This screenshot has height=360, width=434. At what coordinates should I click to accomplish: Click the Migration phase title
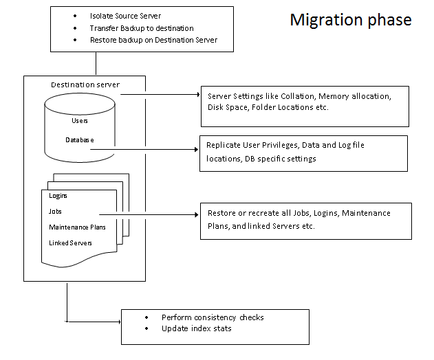pos(350,19)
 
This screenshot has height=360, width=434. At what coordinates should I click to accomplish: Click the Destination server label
pos(85,85)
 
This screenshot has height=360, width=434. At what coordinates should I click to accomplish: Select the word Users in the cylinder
pos(80,121)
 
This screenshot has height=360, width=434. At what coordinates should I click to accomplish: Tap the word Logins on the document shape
pos(58,196)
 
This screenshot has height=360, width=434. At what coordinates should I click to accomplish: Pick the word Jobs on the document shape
pos(56,212)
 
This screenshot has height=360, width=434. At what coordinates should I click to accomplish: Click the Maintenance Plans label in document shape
pos(77,227)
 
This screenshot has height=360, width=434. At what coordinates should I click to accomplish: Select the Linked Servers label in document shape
pos(70,243)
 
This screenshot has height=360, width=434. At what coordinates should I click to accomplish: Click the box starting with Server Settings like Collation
pos(305,106)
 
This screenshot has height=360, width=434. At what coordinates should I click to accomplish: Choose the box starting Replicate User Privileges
pos(302,153)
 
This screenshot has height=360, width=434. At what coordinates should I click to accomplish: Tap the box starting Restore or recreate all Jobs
pos(305,220)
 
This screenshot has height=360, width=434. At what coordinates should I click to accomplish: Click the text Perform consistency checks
pos(213,317)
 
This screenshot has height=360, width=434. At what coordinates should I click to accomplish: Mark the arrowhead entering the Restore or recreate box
pos(196,214)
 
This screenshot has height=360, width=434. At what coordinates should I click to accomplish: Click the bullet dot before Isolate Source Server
pos(74,15)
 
